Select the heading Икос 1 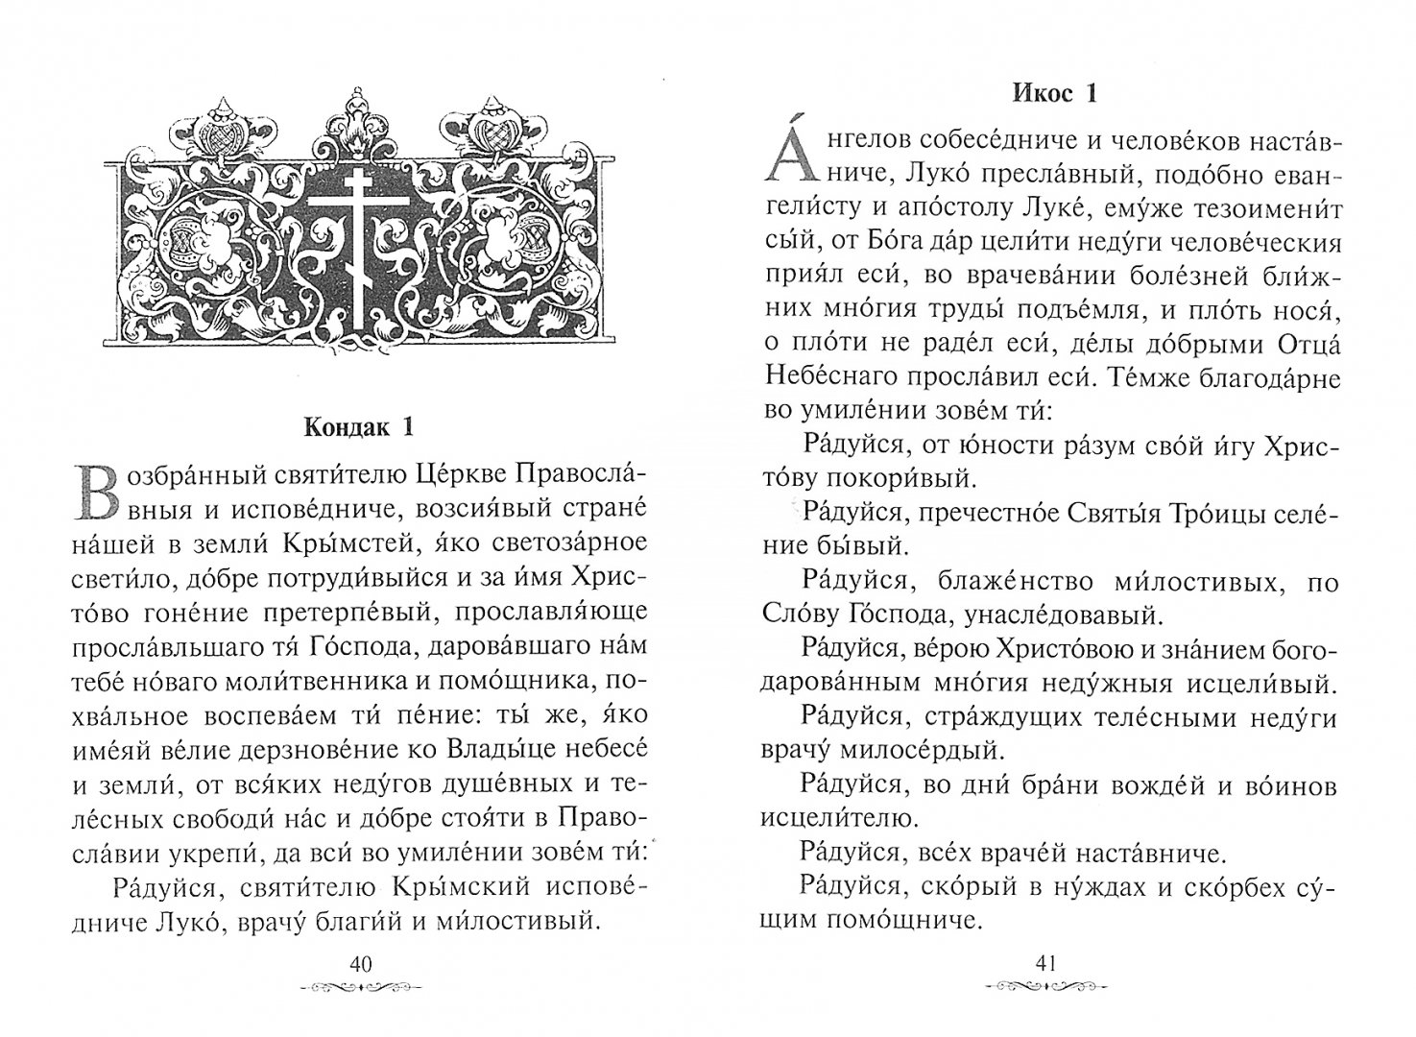[1052, 93]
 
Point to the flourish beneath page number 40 [360, 987]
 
